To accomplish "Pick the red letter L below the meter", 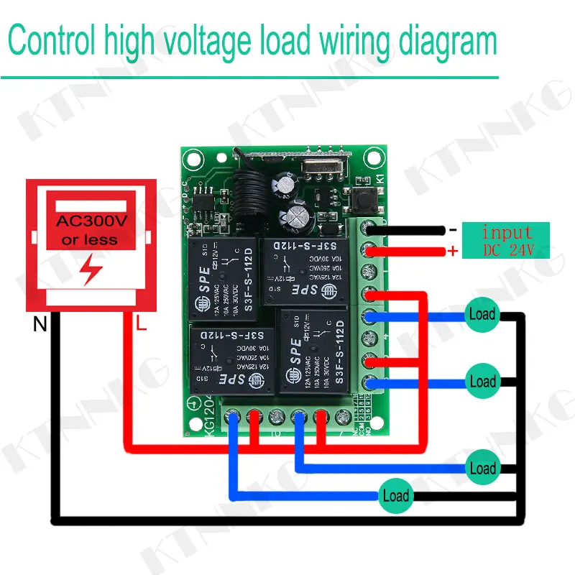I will (x=141, y=325).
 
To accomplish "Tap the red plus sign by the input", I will (x=453, y=251).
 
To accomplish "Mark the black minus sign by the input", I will (x=453, y=230).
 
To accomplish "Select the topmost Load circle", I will (x=482, y=314).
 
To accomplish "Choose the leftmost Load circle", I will (x=395, y=495).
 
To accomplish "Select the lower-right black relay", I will (x=313, y=351).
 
